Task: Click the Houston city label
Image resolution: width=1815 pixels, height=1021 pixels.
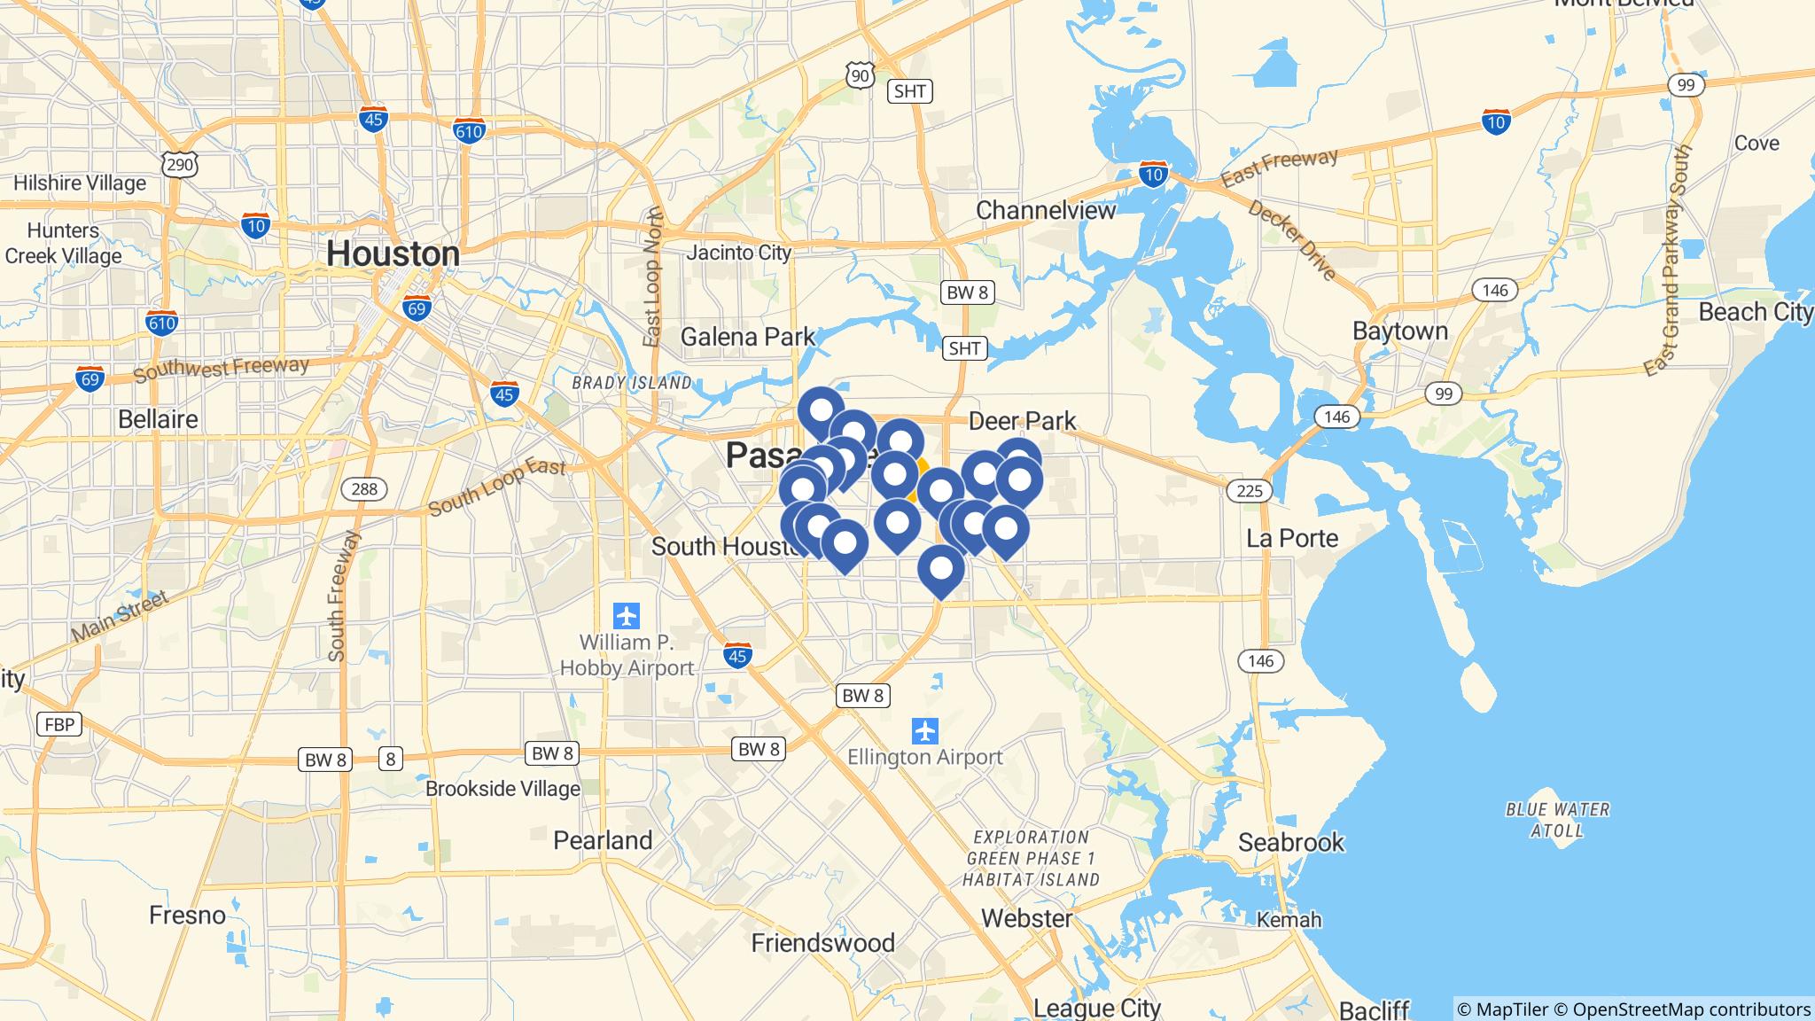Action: (x=393, y=254)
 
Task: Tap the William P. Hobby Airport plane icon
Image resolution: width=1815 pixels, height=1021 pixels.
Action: (x=627, y=615)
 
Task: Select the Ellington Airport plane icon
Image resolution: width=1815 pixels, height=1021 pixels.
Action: (x=925, y=732)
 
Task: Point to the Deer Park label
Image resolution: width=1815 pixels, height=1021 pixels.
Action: (x=1022, y=421)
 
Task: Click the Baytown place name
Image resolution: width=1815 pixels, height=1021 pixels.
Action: (x=1399, y=331)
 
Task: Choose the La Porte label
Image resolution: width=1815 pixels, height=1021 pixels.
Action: (x=1292, y=538)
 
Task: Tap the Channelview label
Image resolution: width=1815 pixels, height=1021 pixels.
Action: (x=1046, y=211)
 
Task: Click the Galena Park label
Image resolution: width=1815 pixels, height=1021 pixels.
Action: (x=747, y=337)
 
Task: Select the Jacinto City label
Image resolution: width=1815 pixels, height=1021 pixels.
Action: (x=738, y=253)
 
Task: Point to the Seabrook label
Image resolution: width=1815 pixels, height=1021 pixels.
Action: (x=1290, y=842)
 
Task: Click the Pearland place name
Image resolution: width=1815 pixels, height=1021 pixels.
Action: (x=603, y=840)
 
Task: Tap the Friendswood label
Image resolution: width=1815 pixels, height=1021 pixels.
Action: (x=822, y=943)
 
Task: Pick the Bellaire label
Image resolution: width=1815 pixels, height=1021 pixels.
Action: (x=158, y=418)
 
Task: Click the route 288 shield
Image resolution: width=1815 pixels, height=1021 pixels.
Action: (x=363, y=489)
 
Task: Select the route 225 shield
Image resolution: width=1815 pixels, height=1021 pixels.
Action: (x=1249, y=490)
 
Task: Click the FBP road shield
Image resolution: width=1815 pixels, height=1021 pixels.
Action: (x=59, y=724)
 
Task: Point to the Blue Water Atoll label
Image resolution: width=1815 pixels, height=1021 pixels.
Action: (x=1557, y=820)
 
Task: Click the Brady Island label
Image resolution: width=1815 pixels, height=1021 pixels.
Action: (x=631, y=383)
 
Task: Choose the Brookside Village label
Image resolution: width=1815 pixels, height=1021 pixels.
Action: (x=502, y=789)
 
